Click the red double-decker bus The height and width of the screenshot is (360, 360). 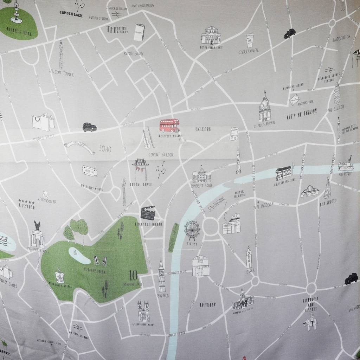(169, 125)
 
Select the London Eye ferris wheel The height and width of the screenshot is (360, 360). (192, 230)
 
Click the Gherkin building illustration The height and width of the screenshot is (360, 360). (337, 94)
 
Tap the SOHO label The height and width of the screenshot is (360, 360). (105, 149)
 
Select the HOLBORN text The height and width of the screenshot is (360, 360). (203, 129)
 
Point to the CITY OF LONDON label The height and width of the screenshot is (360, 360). (302, 114)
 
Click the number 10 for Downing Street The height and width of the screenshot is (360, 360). (133, 274)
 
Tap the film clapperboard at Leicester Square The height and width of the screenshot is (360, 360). (148, 213)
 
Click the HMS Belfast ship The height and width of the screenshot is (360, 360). (346, 165)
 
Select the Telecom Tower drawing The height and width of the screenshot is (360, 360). (61, 54)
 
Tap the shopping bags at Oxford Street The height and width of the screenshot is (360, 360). (44, 122)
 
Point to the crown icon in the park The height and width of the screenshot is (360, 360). (60, 276)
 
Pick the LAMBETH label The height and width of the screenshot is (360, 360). (208, 304)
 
